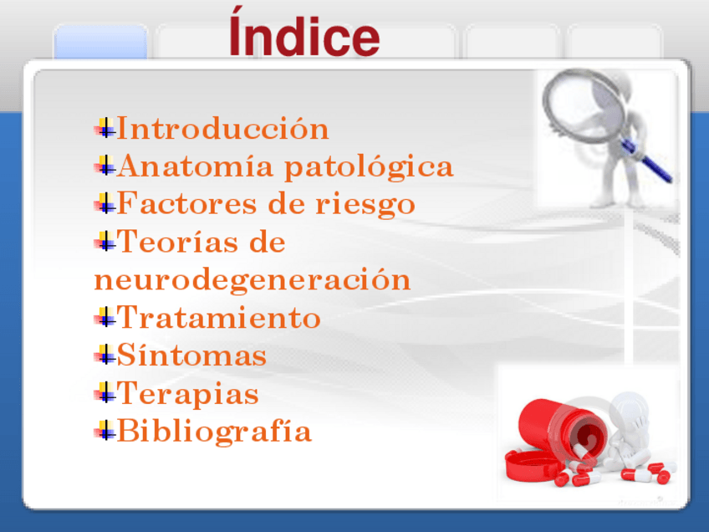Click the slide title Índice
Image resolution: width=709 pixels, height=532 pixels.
coord(304,32)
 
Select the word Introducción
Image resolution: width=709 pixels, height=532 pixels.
coord(223,128)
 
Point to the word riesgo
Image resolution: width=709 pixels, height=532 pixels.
coord(365,204)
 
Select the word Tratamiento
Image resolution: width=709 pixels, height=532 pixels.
coord(219,317)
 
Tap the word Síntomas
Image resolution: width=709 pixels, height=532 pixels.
coord(191,355)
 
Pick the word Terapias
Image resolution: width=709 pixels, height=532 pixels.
coord(187,394)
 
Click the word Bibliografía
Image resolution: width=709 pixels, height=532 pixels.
coord(214,432)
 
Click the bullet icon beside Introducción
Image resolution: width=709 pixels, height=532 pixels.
coord(105,128)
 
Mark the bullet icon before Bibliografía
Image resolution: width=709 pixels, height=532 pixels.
coord(105,430)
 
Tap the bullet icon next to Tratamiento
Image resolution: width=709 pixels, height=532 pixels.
coord(105,317)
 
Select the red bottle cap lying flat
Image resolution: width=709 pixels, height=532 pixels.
coord(530,466)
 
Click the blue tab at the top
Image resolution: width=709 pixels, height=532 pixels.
coord(100,42)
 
